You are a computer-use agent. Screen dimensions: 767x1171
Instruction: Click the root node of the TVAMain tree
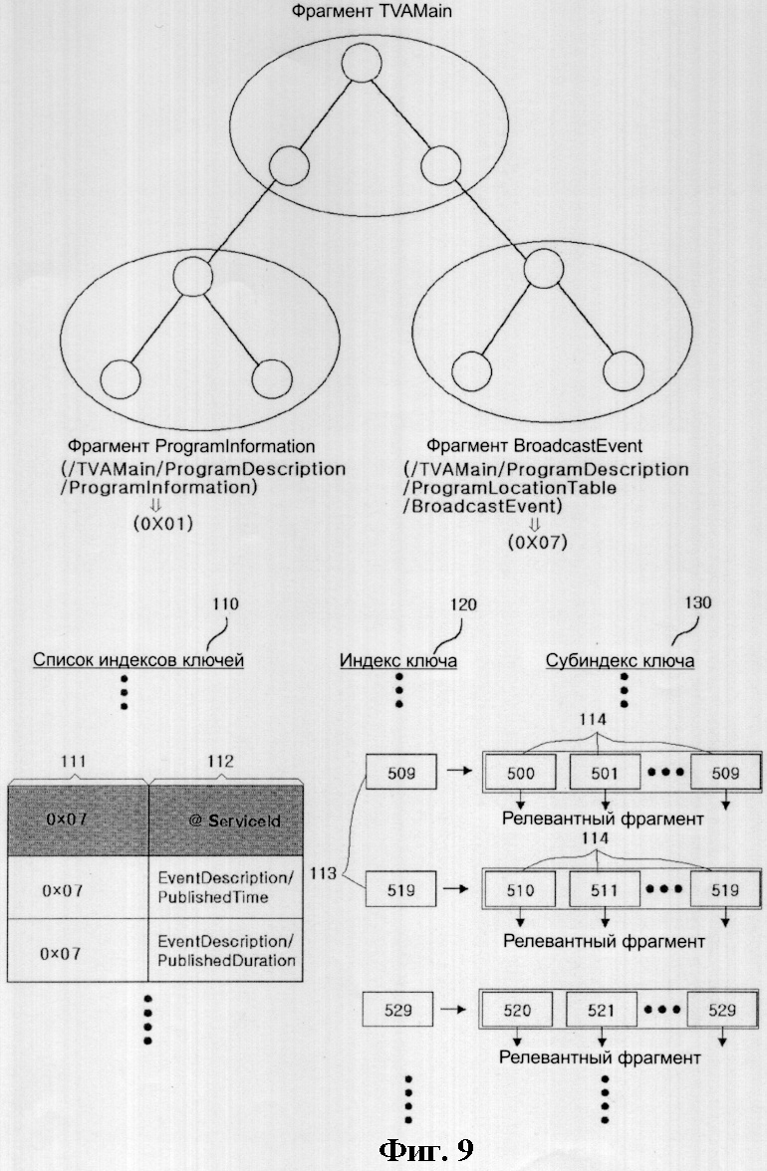click(362, 62)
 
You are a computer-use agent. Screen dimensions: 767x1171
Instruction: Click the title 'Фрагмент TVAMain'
click(372, 11)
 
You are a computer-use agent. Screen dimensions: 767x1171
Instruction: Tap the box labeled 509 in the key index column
click(401, 773)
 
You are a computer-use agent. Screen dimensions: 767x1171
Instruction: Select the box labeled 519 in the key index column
click(401, 889)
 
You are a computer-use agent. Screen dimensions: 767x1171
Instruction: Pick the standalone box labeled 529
click(397, 1010)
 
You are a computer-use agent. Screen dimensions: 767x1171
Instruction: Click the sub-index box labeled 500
click(521, 773)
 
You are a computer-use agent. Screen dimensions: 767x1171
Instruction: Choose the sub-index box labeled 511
click(605, 889)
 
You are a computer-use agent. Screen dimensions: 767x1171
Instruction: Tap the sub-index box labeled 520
click(517, 1010)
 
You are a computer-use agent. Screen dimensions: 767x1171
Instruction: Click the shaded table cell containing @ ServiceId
click(226, 820)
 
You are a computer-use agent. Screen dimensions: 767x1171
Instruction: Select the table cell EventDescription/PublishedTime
click(226, 887)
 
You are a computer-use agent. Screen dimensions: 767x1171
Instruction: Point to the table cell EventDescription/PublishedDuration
click(226, 951)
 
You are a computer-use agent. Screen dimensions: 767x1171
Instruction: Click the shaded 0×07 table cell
click(78, 820)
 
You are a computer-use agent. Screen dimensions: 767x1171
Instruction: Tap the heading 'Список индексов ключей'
click(138, 660)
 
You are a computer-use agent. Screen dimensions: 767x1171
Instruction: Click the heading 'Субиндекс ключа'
click(620, 660)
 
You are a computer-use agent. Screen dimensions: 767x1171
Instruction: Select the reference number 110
click(225, 603)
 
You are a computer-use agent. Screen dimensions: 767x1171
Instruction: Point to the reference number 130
click(697, 602)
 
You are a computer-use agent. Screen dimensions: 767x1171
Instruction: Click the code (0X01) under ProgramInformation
click(162, 523)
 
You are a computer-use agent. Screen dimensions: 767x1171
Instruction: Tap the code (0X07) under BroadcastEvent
click(537, 542)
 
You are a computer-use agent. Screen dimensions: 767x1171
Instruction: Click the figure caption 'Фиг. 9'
click(426, 1149)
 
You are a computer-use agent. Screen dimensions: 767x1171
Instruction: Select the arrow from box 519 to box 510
click(456, 888)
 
